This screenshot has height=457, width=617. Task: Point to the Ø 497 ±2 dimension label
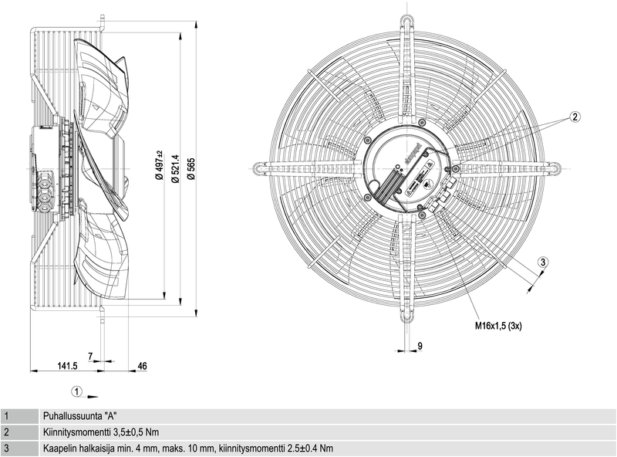click(159, 164)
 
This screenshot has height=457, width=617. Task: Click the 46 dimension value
click(142, 366)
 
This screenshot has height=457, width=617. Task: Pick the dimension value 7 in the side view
click(90, 356)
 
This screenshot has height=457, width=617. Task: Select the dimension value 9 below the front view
click(420, 345)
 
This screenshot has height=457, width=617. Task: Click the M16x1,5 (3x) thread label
click(498, 327)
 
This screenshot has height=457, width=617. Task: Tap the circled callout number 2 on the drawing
click(575, 117)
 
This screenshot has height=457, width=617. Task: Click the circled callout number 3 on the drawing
click(543, 263)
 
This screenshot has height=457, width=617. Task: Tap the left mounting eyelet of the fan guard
click(260, 166)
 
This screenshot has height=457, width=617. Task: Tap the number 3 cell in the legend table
click(6, 449)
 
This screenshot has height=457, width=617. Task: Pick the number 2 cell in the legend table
click(6, 432)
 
